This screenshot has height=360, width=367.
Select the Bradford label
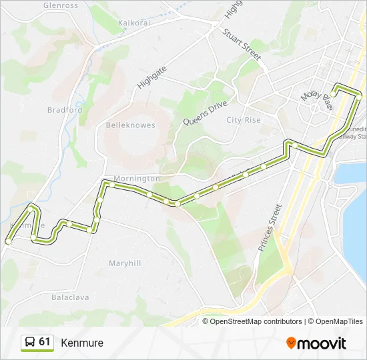pyautogui.click(x=65, y=110)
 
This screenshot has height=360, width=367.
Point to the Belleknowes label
pyautogui.click(x=131, y=125)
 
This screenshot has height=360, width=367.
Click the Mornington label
pyautogui.click(x=137, y=179)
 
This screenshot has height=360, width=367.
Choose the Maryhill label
pyautogui.click(x=125, y=263)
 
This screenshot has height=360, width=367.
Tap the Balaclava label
pyautogui.click(x=70, y=297)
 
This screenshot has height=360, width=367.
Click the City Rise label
pyautogui.click(x=244, y=120)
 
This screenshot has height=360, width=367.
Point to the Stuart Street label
pyautogui.click(x=241, y=45)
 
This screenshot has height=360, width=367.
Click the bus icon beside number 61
pyautogui.click(x=30, y=343)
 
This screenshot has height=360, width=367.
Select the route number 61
pyautogui.click(x=45, y=342)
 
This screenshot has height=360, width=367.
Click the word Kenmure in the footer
pyautogui.click(x=82, y=343)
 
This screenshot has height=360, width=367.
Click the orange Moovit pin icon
pyautogui.click(x=291, y=343)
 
